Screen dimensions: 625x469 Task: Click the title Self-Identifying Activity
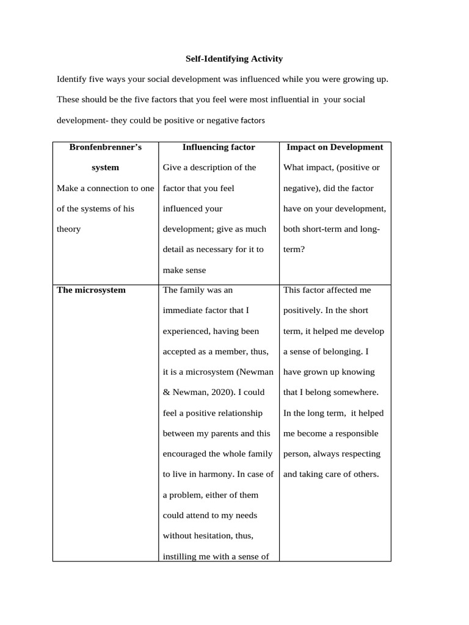tap(234, 59)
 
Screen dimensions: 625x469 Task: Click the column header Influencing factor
tap(219, 147)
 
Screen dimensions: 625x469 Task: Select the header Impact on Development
tap(335, 147)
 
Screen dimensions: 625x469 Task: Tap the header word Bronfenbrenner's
tap(105, 147)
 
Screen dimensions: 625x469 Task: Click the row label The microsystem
tap(91, 290)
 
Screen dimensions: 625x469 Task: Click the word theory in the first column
tap(68, 229)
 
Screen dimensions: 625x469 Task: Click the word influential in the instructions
tap(283, 99)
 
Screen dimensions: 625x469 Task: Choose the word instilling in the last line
tap(183, 557)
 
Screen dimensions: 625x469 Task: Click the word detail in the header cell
tap(176, 249)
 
